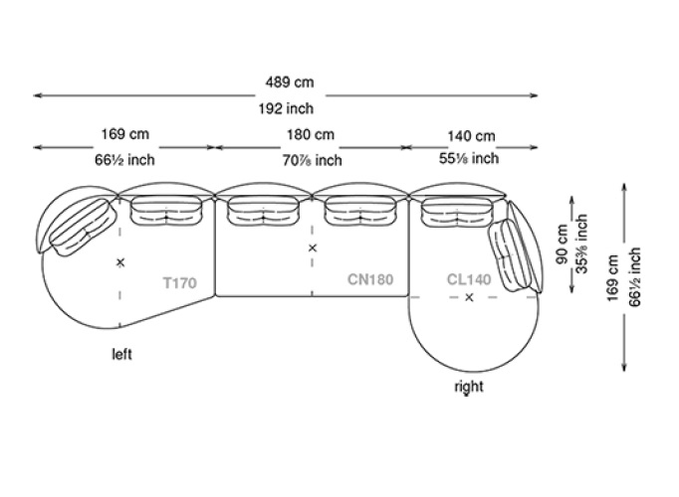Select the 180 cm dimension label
(311, 135)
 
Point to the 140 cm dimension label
(470, 135)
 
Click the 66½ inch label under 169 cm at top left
(124, 159)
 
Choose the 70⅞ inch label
(311, 159)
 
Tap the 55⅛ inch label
(469, 159)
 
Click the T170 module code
(180, 282)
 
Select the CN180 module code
(370, 280)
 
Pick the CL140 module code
(469, 280)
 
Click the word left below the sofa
(121, 353)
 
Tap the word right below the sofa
(468, 387)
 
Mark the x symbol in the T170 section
(120, 262)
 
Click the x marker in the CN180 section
(312, 248)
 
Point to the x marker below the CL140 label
(469, 298)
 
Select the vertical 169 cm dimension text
(613, 279)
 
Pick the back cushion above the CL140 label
(456, 211)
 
